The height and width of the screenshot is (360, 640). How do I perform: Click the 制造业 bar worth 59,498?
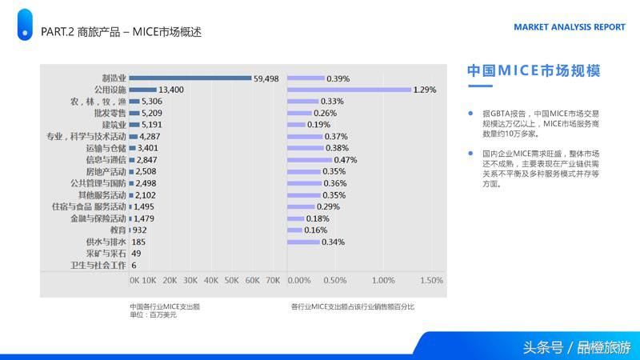(x=190, y=78)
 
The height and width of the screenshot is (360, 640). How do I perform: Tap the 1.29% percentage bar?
(x=349, y=90)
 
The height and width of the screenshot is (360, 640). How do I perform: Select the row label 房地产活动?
(x=106, y=171)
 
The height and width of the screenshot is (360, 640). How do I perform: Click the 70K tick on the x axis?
(x=273, y=281)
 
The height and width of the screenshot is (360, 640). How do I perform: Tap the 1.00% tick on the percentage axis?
(x=383, y=281)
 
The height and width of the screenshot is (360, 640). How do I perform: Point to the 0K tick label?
(x=134, y=281)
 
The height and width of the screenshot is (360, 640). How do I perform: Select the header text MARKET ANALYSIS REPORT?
(x=569, y=26)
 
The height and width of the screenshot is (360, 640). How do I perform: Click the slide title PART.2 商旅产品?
(x=120, y=32)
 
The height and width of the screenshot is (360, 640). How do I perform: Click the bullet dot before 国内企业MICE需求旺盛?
(x=470, y=153)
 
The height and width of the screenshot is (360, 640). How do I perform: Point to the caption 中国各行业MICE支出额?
(x=164, y=306)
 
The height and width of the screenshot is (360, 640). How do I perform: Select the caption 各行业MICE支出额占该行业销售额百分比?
(x=353, y=306)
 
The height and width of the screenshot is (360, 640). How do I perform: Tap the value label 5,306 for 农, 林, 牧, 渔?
(x=152, y=102)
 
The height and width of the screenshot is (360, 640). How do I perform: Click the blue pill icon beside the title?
(x=25, y=25)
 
